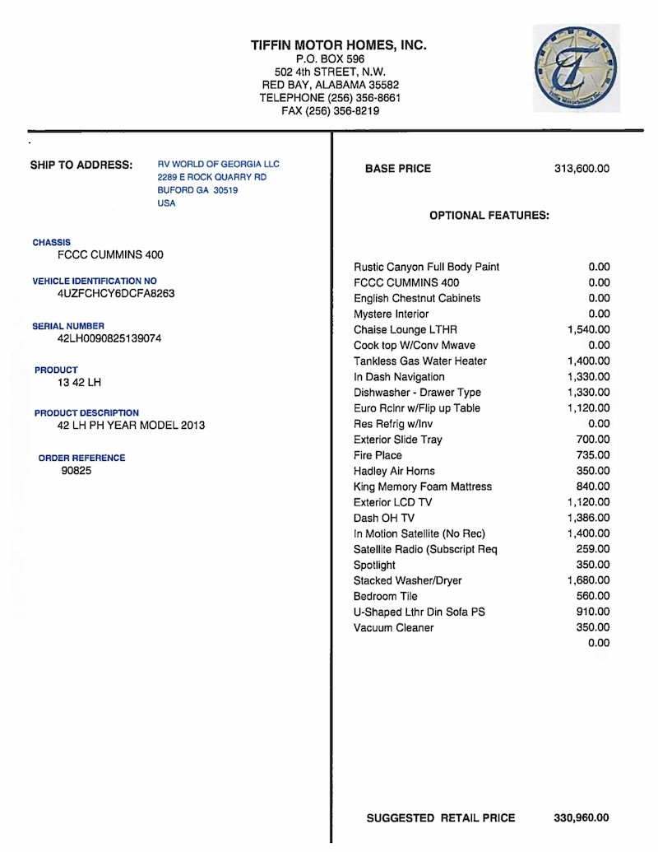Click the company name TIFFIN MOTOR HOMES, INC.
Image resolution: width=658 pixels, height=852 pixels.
pyautogui.click(x=339, y=46)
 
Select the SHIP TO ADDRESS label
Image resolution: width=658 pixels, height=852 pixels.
pyautogui.click(x=81, y=165)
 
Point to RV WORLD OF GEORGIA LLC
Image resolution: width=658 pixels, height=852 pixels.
pyautogui.click(x=218, y=165)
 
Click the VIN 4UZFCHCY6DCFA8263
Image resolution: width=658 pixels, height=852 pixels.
pyautogui.click(x=116, y=293)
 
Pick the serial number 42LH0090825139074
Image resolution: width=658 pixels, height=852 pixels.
pyautogui.click(x=109, y=338)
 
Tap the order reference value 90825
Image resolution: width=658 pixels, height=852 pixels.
pyautogui.click(x=76, y=473)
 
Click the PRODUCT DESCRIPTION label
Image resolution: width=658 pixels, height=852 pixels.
pyautogui.click(x=86, y=412)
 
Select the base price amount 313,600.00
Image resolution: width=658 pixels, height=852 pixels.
pyautogui.click(x=582, y=169)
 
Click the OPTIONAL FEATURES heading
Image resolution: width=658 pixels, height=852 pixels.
pyautogui.click(x=489, y=216)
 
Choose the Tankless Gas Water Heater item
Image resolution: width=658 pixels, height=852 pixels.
pyautogui.click(x=420, y=361)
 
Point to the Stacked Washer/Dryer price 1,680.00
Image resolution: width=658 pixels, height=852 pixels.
pyautogui.click(x=588, y=580)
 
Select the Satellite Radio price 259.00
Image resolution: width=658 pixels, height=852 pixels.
pyautogui.click(x=592, y=549)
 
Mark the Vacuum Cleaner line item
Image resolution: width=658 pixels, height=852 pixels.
pyautogui.click(x=393, y=627)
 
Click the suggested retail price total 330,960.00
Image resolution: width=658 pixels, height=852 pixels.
pyautogui.click(x=582, y=817)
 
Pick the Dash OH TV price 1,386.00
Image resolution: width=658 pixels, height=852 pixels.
pyautogui.click(x=588, y=518)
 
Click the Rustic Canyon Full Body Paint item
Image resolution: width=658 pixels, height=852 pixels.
pyautogui.click(x=426, y=267)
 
